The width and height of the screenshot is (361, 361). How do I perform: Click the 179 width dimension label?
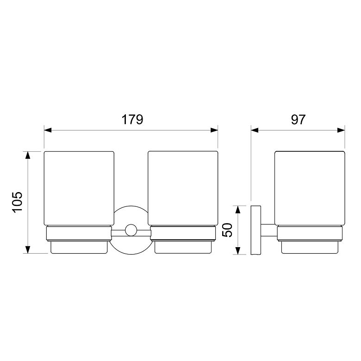tap(132, 119)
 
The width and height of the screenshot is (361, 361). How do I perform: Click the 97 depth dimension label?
tap(298, 119)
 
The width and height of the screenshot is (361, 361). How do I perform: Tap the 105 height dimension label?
tap(18, 202)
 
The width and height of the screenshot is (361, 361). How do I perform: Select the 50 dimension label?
tap(227, 230)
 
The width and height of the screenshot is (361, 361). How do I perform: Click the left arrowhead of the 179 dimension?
tap(48, 131)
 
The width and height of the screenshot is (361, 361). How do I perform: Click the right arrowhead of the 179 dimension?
tap(214, 131)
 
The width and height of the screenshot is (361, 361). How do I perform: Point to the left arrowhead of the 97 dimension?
tap(255, 131)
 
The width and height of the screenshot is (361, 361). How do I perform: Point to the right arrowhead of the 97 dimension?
tap(341, 131)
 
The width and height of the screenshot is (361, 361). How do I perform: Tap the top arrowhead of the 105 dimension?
tap(28, 155)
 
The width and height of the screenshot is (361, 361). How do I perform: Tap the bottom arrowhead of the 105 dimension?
tap(28, 250)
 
